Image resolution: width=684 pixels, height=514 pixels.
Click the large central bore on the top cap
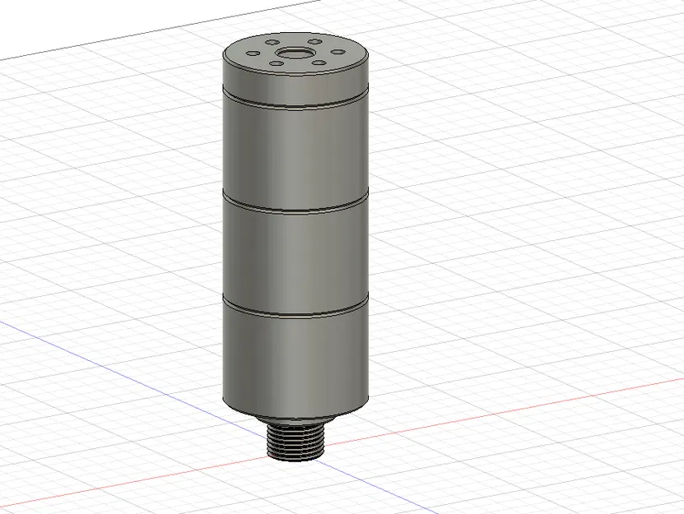coord(295,55)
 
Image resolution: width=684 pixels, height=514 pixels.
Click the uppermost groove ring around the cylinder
coord(295,104)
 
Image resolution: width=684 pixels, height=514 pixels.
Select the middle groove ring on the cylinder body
coord(295,206)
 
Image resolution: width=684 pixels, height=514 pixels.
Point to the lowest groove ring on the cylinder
coord(295,312)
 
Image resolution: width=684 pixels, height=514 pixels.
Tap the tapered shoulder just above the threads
coord(294,419)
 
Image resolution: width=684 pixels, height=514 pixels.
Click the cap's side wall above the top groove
coord(295,82)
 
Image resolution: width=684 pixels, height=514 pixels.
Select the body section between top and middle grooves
coord(295,152)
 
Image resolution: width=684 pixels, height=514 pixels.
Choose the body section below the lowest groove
coord(295,362)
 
